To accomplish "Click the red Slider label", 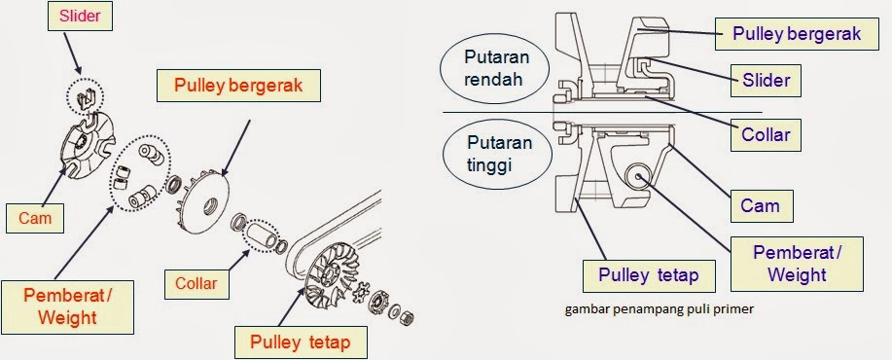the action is (80, 16).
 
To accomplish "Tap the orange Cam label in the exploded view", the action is (35, 218).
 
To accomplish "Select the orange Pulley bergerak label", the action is (238, 86).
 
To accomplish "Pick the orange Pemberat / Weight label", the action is (68, 306).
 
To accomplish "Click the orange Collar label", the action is (196, 283).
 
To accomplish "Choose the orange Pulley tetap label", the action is (301, 342).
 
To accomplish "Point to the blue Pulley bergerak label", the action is (797, 33).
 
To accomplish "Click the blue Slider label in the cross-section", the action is (766, 80).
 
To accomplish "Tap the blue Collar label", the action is (766, 135).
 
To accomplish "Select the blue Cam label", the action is (760, 205).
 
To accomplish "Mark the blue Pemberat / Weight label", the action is (797, 264).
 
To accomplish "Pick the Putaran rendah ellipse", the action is (494, 68).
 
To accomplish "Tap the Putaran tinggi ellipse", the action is (498, 155).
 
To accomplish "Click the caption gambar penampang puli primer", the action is (660, 309).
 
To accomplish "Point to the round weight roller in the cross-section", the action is (639, 177).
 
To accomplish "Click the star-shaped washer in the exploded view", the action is (357, 294).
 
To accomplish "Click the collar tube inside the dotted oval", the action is (260, 235).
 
